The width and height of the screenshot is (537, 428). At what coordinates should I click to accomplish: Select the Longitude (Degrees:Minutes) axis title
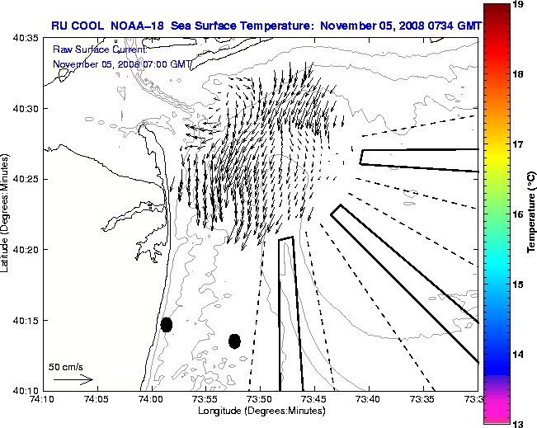(x=261, y=410)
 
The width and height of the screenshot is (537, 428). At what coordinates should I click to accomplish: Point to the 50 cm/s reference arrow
(x=73, y=380)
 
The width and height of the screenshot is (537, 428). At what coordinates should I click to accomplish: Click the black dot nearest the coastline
(x=167, y=324)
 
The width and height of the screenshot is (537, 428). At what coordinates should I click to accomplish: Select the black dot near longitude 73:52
(x=234, y=341)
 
